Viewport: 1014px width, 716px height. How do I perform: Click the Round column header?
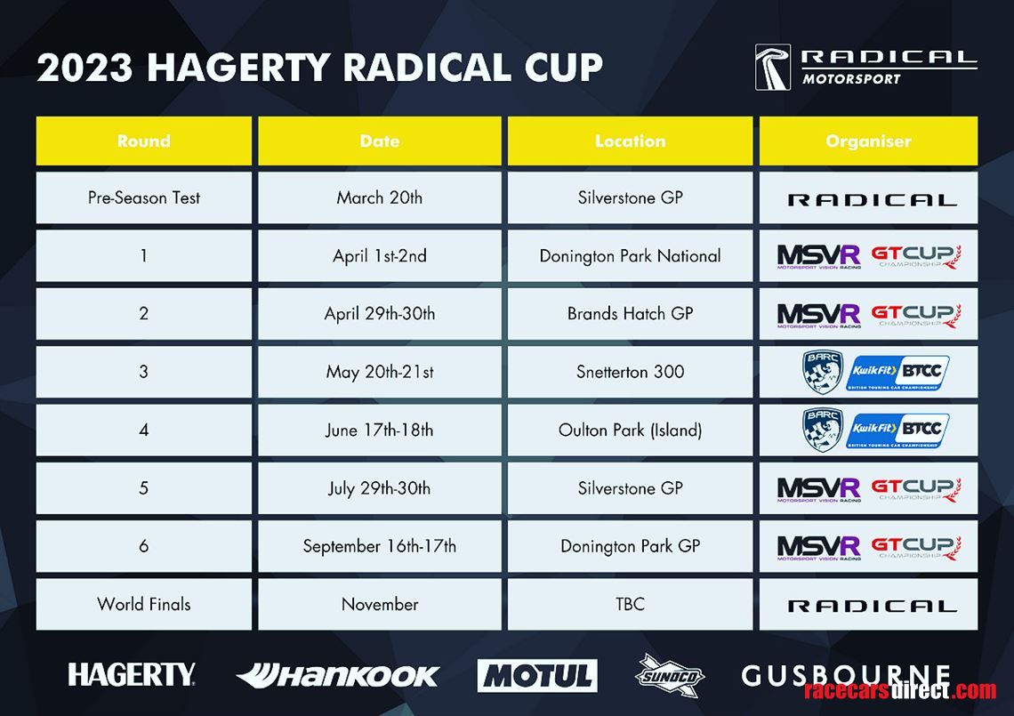click(143, 141)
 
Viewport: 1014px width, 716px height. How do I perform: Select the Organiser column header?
click(868, 141)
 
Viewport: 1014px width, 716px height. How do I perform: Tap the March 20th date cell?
click(380, 198)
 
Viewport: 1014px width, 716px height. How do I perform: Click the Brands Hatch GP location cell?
click(631, 314)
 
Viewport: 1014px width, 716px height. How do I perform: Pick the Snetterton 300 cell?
click(631, 372)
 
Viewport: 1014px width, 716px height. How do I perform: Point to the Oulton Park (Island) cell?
click(631, 430)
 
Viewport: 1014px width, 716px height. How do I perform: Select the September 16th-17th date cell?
click(380, 546)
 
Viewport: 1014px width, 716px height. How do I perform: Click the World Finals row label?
click(143, 604)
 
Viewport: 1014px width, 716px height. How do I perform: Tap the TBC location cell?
click(631, 604)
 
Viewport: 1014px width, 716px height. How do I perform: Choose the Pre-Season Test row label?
click(143, 198)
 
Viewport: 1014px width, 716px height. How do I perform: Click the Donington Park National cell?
click(631, 256)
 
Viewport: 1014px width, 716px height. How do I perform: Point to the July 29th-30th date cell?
click(380, 488)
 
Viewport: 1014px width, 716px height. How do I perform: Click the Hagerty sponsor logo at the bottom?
click(132, 674)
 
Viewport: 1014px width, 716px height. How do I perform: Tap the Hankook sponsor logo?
click(338, 676)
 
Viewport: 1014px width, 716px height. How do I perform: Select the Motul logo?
click(537, 676)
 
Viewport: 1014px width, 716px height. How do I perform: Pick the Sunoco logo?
click(669, 676)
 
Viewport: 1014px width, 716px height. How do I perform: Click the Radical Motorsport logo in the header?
click(866, 68)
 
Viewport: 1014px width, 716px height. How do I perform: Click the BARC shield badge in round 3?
click(823, 372)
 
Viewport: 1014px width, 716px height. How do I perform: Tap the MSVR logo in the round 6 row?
click(818, 547)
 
